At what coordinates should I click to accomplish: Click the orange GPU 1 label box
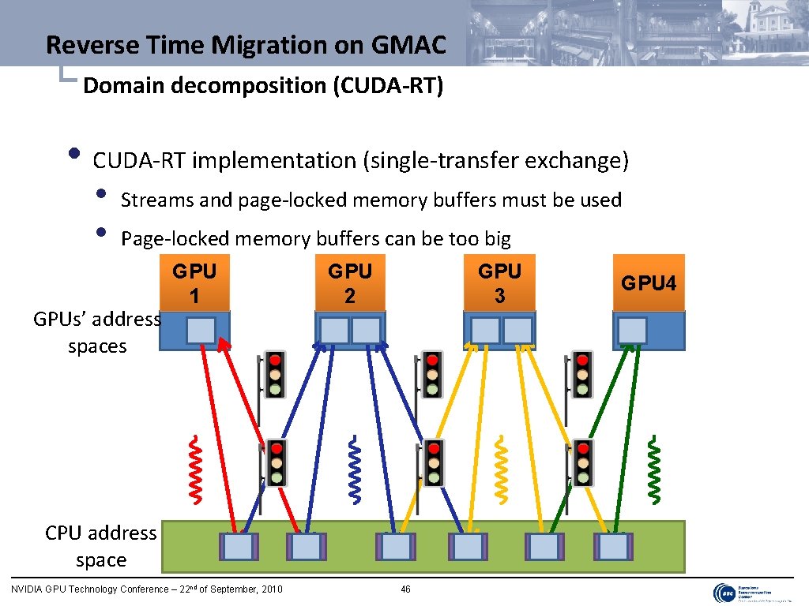(194, 282)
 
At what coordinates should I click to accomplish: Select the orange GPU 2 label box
(350, 282)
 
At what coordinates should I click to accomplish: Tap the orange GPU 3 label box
(499, 282)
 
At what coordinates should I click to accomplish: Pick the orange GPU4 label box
(649, 282)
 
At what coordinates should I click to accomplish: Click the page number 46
(405, 589)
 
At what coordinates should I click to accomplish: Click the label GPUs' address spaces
(97, 332)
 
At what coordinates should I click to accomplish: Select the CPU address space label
(101, 546)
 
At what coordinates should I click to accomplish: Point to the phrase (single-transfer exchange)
(495, 161)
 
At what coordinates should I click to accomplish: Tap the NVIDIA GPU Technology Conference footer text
(146, 589)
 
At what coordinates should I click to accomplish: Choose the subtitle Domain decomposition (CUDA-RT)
(262, 85)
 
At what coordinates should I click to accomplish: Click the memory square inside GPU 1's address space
(201, 330)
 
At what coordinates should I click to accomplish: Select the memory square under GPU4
(632, 330)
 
